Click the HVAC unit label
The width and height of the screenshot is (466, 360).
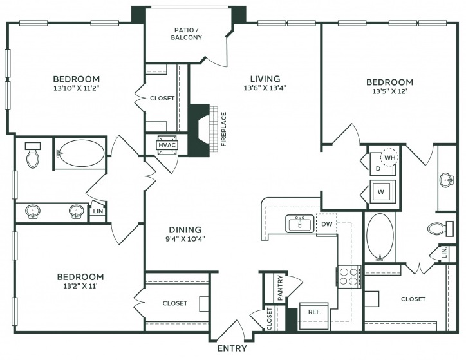pos(167,146)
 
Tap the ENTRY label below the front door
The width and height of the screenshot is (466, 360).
pos(232,348)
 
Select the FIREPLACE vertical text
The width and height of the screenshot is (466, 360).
pos(224,129)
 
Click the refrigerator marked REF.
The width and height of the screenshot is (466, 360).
pos(314,316)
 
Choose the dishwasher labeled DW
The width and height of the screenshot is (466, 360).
pos(326,224)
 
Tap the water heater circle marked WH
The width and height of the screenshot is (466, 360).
pos(389,158)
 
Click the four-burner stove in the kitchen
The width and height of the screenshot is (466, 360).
pos(349,276)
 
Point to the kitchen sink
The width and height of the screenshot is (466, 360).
pos(299,223)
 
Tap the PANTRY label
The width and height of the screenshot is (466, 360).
pos(280,288)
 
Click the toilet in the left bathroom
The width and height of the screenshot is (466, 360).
pos(33,155)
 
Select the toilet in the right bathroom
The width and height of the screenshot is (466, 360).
pos(440,229)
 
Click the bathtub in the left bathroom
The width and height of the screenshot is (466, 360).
pos(80,153)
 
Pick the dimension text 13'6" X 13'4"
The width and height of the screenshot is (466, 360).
pos(265,88)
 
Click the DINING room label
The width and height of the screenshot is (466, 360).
pos(185,230)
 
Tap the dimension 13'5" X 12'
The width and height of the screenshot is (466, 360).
pos(389,91)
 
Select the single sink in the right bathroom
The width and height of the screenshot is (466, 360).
pos(447,180)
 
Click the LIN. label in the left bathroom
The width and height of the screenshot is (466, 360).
pos(98,211)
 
